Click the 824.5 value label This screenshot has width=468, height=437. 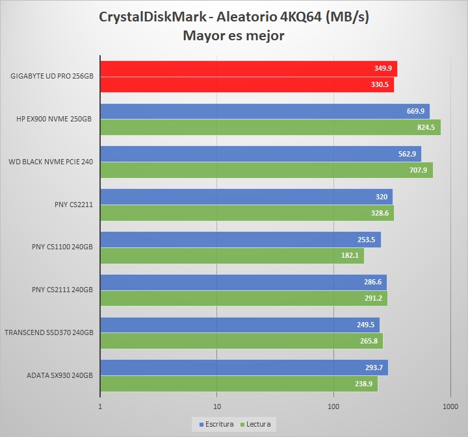[x=426, y=127]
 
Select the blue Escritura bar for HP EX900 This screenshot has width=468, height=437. [x=260, y=112]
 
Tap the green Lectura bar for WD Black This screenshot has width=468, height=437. [x=260, y=170]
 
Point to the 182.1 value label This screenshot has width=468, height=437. [x=350, y=256]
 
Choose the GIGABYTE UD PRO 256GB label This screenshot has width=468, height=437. [x=52, y=77]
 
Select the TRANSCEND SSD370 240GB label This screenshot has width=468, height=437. [x=49, y=333]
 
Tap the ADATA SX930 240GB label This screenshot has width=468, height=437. [x=60, y=376]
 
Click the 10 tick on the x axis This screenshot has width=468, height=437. [x=216, y=406]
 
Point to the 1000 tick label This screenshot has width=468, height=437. [x=450, y=406]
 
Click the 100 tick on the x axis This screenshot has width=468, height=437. [x=333, y=406]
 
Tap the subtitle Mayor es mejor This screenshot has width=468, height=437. [x=233, y=36]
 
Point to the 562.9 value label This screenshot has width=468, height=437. [x=407, y=155]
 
